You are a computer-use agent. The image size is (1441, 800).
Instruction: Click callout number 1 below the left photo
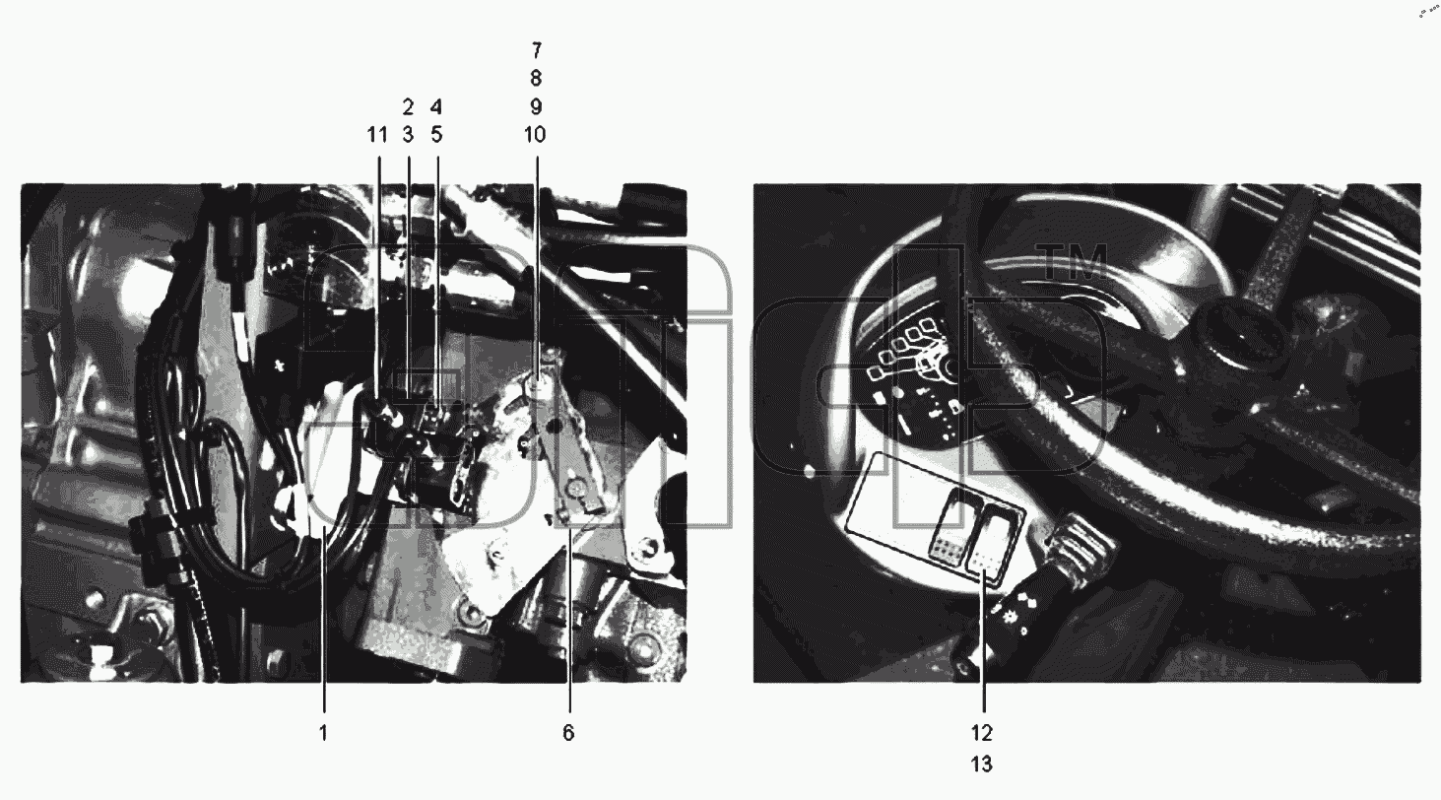(324, 732)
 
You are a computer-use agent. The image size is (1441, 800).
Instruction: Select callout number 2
(408, 106)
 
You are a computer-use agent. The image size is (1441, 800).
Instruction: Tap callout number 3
(408, 135)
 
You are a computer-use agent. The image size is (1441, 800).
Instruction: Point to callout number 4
(436, 106)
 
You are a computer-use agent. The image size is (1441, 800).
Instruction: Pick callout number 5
(436, 135)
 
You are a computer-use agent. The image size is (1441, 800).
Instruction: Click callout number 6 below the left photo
(568, 732)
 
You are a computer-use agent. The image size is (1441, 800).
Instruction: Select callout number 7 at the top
(537, 50)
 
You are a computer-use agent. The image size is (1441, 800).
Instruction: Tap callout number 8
(536, 79)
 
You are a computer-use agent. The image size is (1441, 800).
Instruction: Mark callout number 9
(536, 106)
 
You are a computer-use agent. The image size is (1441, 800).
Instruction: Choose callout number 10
(535, 135)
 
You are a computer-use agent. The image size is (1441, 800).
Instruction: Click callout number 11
(377, 135)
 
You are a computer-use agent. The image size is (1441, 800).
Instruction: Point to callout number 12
(982, 732)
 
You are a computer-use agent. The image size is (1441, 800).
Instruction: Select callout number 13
(982, 764)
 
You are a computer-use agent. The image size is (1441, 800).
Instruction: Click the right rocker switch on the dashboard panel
(993, 543)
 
